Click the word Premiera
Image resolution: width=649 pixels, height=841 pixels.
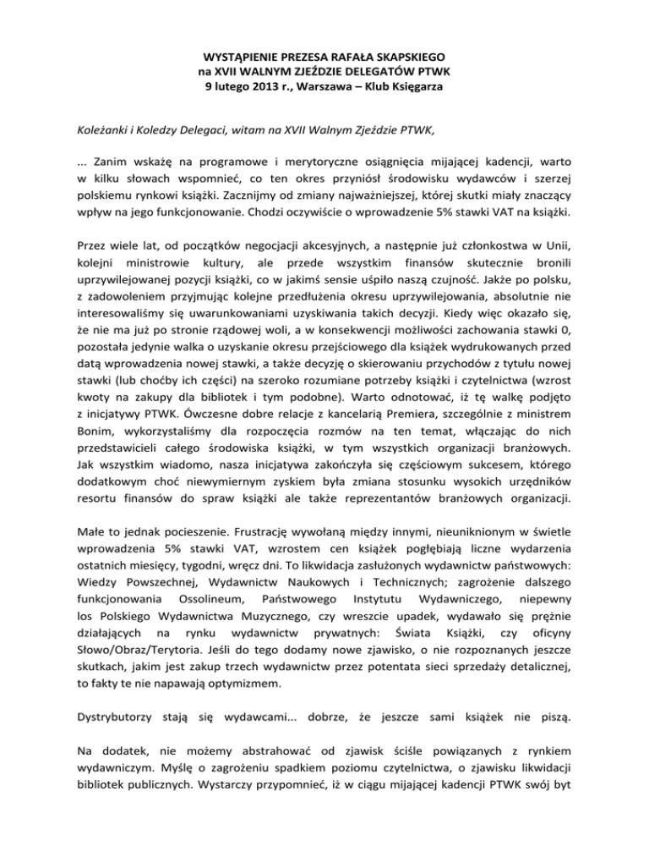(x=428, y=415)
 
